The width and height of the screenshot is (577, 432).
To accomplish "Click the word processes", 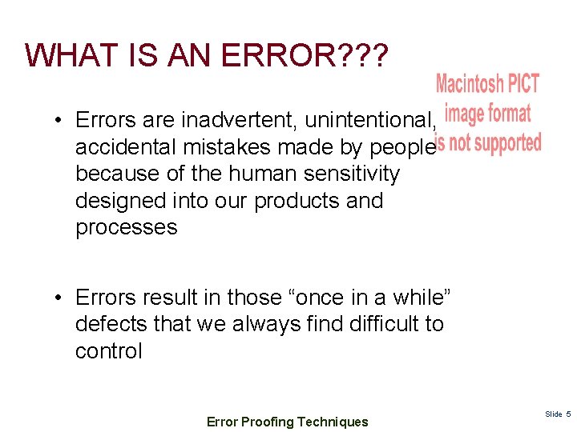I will click(x=126, y=227).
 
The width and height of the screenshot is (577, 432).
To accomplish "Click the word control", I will click(x=108, y=351).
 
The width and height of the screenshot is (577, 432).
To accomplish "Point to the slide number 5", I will click(x=568, y=414).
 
